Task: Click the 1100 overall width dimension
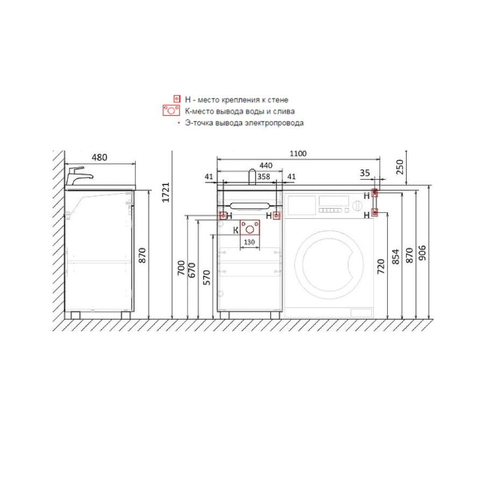click(298, 153)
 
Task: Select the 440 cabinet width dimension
click(266, 166)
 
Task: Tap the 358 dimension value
click(264, 176)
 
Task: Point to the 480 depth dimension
click(99, 158)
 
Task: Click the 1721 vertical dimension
click(166, 193)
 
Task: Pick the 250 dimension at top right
click(400, 167)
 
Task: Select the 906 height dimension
click(422, 253)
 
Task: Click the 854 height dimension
click(395, 257)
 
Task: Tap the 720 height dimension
click(381, 266)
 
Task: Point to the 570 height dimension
click(207, 277)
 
